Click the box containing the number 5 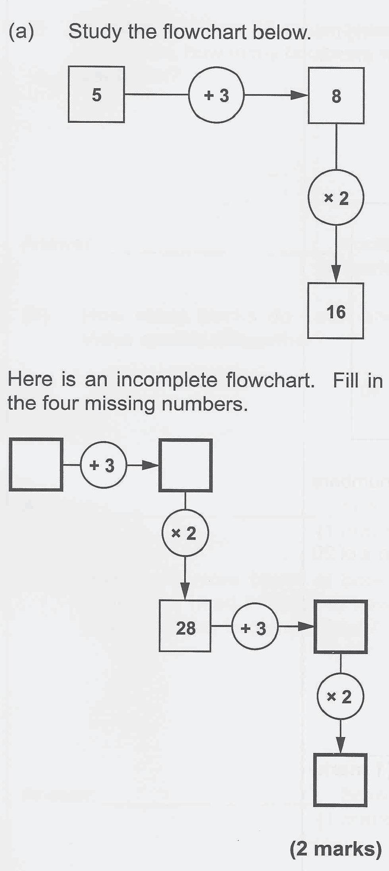[x=96, y=95]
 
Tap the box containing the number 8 [x=336, y=96]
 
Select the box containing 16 [x=335, y=311]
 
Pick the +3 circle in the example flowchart [x=216, y=95]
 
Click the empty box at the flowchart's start [x=36, y=464]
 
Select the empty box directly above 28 [x=185, y=465]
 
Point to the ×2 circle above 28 [x=185, y=533]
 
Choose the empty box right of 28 [x=341, y=627]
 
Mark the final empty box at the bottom [x=340, y=780]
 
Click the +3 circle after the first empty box [x=103, y=465]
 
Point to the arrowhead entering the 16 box [x=336, y=276]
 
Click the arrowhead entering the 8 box [x=300, y=95]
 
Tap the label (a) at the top [x=21, y=32]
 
